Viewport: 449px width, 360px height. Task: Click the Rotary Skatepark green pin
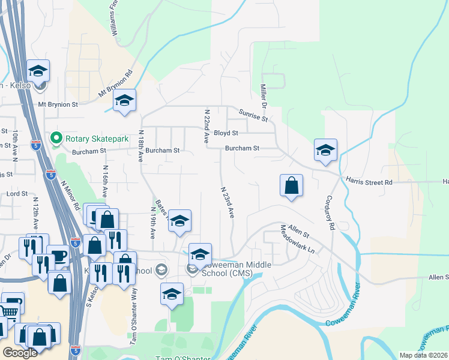56,139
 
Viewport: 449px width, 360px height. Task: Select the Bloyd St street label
226,133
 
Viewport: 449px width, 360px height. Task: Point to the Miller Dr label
263,93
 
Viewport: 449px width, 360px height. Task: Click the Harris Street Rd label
369,181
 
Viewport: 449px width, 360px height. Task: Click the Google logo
20,353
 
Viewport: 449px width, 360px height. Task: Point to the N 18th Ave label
140,146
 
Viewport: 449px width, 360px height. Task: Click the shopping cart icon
8,310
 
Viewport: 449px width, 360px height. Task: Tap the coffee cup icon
58,256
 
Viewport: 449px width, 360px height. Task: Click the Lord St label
17,194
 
